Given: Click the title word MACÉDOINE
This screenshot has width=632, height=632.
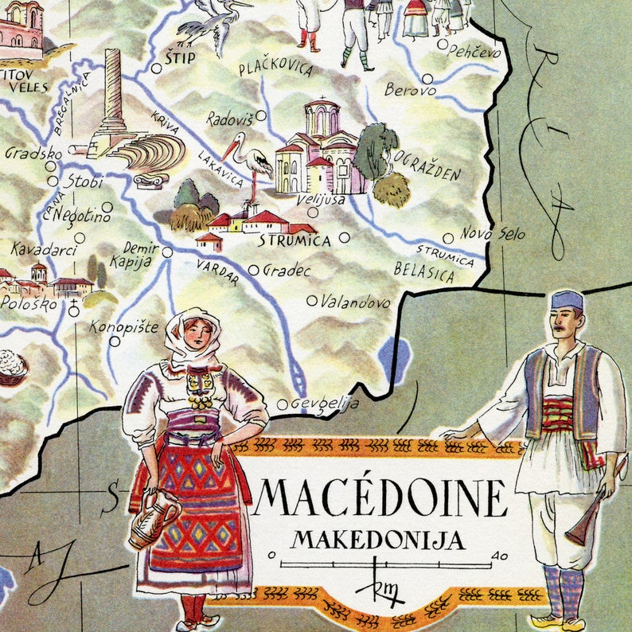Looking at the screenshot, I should coord(380,497).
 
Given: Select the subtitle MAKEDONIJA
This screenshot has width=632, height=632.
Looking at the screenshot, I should coord(377,540).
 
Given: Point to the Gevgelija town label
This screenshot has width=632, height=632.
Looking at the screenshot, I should coord(324,404).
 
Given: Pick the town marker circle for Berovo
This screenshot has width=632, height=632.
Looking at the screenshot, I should coord(427,79).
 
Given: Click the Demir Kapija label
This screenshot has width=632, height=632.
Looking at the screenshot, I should coord(141,256).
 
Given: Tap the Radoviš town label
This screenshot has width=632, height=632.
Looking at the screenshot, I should coord(229,119).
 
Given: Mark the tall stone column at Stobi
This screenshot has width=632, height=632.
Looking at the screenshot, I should coord(113,88).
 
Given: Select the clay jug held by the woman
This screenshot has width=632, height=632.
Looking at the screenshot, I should coord(154,522).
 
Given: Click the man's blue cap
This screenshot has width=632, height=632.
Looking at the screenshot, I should coord(567,300).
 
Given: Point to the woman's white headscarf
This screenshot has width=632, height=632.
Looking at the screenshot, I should coord(191,334).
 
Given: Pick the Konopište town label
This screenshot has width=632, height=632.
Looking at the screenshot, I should coord(124,327).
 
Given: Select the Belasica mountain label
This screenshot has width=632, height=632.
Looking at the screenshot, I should coord(423,273).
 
